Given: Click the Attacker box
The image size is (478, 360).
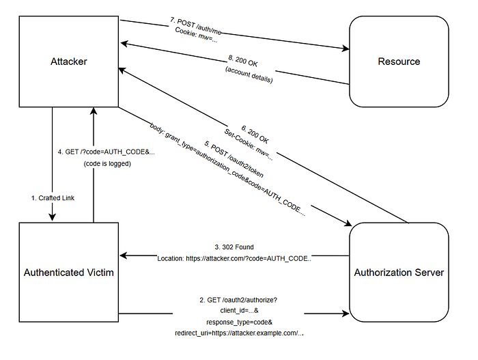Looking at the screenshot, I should pyautogui.click(x=68, y=61).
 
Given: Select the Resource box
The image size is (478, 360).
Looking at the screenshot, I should pyautogui.click(x=399, y=61).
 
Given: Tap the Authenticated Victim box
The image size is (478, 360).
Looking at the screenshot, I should pyautogui.click(x=68, y=273).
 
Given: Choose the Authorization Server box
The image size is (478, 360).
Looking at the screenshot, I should pyautogui.click(x=399, y=273).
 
